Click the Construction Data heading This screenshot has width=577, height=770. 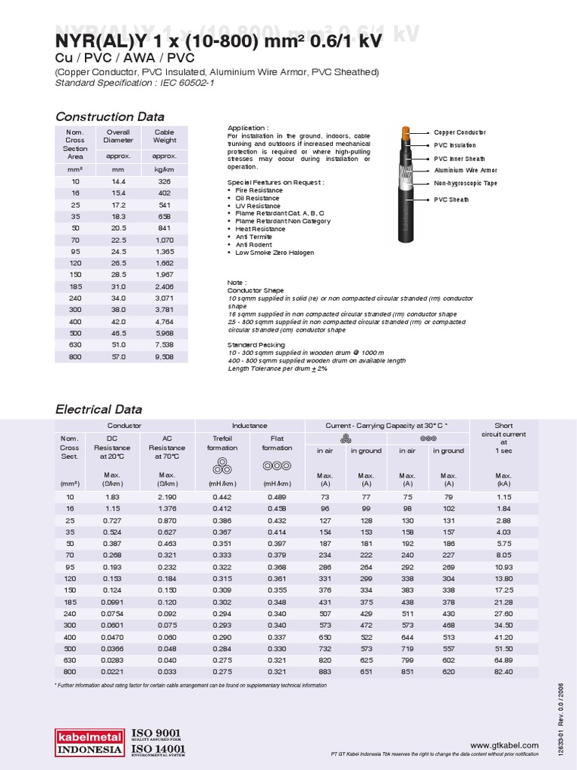pyautogui.click(x=110, y=117)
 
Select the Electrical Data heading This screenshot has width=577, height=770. pyautogui.click(x=99, y=409)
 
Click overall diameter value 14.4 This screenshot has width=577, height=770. pyautogui.click(x=119, y=182)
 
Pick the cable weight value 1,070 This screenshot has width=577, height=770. pyautogui.click(x=164, y=240)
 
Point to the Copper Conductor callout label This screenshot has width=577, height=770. pyautogui.click(x=460, y=132)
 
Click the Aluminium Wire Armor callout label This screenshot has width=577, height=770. pyautogui.click(x=465, y=171)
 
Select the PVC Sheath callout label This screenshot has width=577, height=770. pyautogui.click(x=451, y=200)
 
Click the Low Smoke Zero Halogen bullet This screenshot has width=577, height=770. pyautogui.click(x=274, y=253)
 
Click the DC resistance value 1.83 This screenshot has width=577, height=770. pyautogui.click(x=111, y=497)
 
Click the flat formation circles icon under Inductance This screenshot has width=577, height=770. pyautogui.click(x=277, y=465)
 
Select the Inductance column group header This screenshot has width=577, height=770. pyautogui.click(x=249, y=426)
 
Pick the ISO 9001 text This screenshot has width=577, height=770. pyautogui.click(x=156, y=733)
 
